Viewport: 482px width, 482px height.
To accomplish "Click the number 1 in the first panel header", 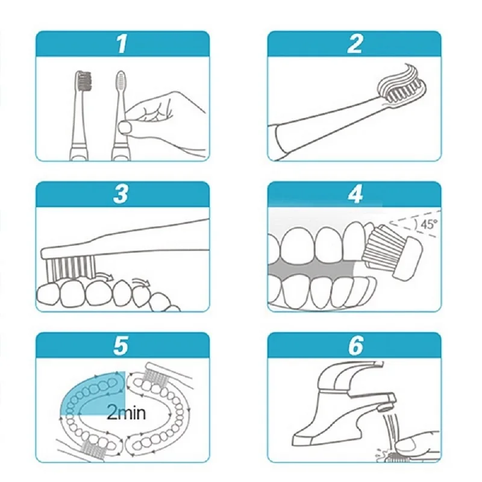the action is (x=122, y=43).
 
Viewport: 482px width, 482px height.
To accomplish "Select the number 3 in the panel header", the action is (x=120, y=194).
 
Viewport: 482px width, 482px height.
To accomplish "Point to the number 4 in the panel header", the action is (x=355, y=194).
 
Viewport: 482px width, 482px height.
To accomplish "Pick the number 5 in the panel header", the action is (x=120, y=345).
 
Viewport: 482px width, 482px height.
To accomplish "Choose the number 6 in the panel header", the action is (x=355, y=345).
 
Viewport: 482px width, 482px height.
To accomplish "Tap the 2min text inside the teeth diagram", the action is (x=126, y=413).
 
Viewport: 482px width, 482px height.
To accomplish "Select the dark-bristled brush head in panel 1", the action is (x=83, y=81).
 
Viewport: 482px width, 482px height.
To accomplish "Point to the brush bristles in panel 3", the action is (x=71, y=267).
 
